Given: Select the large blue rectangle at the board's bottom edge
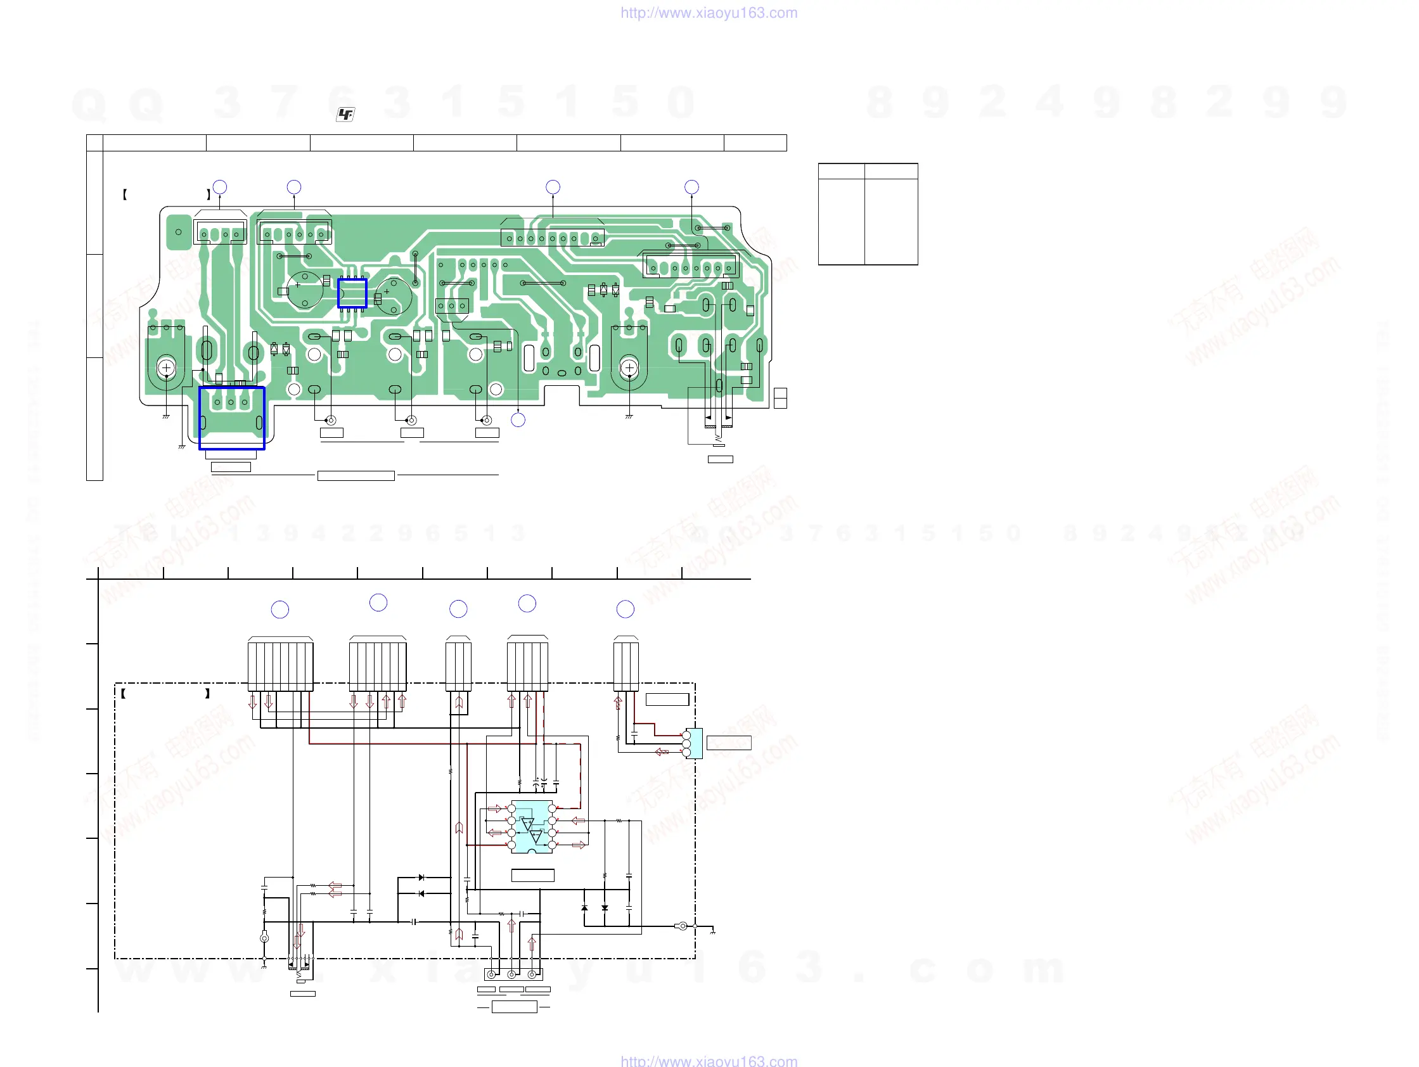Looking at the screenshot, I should [231, 418].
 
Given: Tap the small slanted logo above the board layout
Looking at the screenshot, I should [345, 114].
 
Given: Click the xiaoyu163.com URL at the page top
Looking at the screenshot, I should [709, 13].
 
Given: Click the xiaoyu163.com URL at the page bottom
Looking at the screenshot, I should [709, 1060].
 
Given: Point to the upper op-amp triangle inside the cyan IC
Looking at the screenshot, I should [527, 824].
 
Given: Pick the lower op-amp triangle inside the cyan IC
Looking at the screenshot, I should [536, 837].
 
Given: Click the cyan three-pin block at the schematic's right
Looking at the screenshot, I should [694, 744].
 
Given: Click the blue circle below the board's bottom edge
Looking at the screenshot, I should [518, 420].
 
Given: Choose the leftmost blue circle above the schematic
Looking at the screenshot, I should [279, 609].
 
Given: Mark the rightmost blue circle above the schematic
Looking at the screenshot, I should [626, 608].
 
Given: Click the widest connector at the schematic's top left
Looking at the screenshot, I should [280, 664].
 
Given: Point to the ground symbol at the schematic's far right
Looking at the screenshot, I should [713, 931].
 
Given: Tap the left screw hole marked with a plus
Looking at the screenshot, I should [167, 368].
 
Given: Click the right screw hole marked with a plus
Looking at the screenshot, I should [629, 368].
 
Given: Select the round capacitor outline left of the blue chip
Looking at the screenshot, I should [305, 290].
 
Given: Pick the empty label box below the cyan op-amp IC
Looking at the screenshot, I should [532, 875].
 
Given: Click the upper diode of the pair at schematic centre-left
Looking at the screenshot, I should [421, 877].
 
